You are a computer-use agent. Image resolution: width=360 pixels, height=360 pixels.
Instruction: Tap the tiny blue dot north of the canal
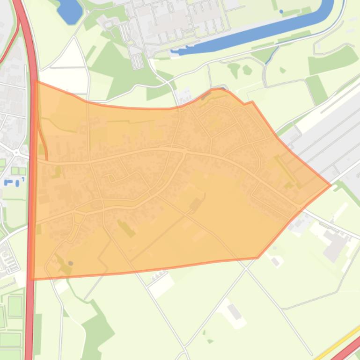(281, 11)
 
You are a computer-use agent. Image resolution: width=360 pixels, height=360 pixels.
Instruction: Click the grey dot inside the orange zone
(71, 263)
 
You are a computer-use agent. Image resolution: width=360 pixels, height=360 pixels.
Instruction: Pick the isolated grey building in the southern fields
(235, 311)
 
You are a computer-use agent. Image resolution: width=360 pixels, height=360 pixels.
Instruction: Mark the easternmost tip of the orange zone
(331, 185)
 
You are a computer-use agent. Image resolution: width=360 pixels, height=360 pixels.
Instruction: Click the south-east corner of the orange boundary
(257, 258)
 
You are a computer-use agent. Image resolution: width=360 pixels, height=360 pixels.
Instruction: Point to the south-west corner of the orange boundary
(31, 279)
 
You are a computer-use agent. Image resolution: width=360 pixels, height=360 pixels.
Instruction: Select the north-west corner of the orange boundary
(37, 81)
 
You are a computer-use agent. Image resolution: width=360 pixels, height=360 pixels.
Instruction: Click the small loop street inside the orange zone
(111, 179)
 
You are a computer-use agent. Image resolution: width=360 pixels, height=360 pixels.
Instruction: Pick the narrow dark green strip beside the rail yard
(316, 89)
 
